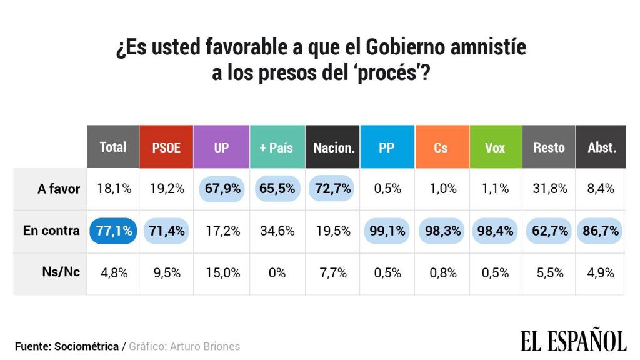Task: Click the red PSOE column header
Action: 166,147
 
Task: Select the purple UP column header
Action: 221,147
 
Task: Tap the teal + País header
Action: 276,147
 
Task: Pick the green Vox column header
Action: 495,147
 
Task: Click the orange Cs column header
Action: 441,147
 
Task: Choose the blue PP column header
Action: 386,147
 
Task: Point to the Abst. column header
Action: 601,147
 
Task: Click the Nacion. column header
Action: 334,147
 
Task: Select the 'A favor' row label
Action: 58,189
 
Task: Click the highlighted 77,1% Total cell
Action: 114,231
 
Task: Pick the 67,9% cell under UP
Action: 222,189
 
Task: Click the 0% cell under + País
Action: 277,272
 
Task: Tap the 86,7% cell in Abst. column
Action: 602,231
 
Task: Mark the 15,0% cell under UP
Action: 222,272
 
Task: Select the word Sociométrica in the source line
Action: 87,346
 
